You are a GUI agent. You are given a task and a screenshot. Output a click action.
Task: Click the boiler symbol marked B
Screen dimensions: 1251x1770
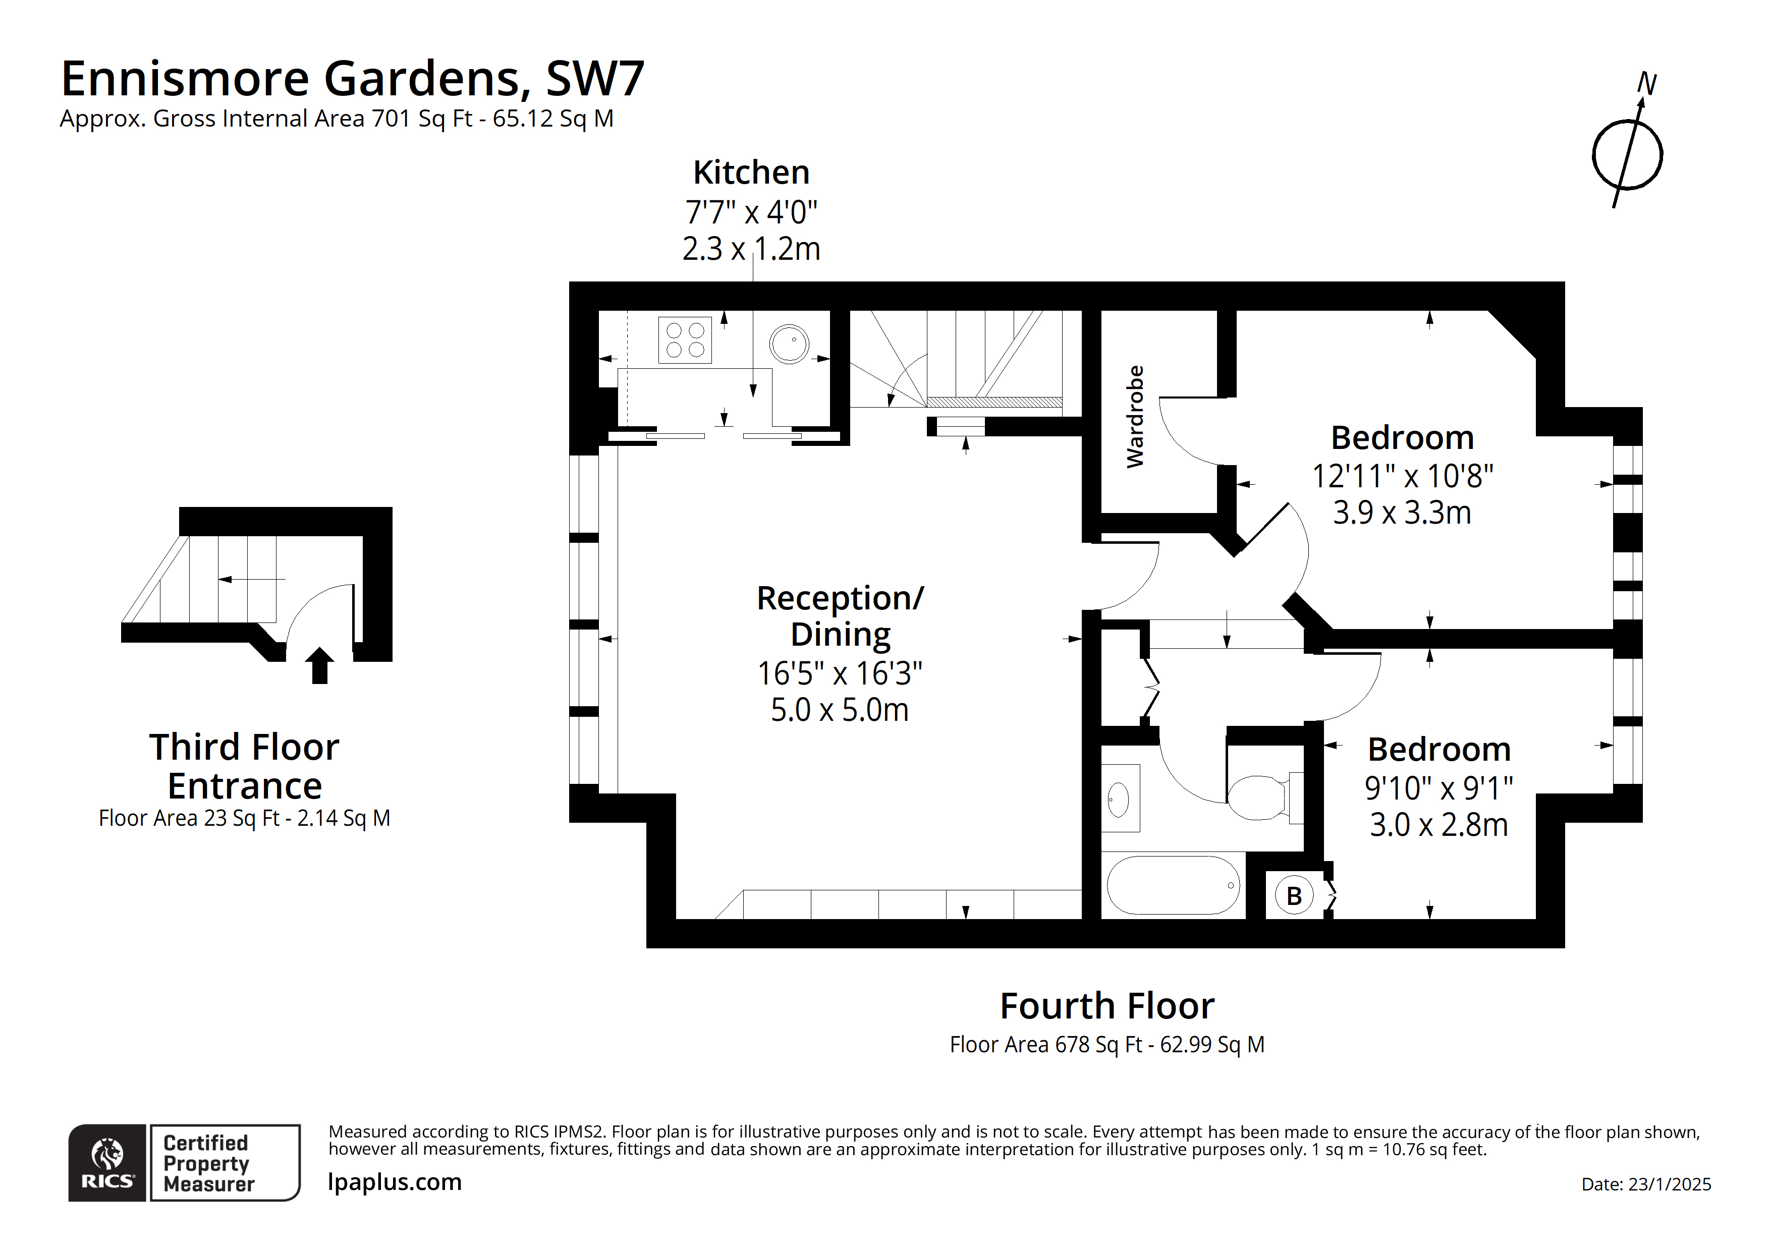tap(1294, 896)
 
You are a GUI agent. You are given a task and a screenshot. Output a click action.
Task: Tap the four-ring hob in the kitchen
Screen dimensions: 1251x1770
tap(685, 340)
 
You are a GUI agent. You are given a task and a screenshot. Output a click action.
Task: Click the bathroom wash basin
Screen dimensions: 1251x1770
tap(1119, 799)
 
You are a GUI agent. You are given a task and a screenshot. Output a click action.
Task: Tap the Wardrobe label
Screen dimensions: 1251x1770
tap(1135, 416)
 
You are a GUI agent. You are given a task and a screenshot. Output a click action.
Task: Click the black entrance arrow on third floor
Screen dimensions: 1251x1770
tap(319, 665)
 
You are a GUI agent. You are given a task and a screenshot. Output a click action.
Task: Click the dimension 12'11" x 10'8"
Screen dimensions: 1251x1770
tap(1402, 476)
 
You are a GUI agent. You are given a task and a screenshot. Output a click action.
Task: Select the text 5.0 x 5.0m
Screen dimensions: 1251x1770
tap(840, 709)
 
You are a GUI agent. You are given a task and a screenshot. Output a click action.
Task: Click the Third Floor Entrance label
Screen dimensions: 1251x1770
tap(244, 766)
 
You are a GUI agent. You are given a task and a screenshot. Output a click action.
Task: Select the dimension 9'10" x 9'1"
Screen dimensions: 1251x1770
tap(1439, 788)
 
